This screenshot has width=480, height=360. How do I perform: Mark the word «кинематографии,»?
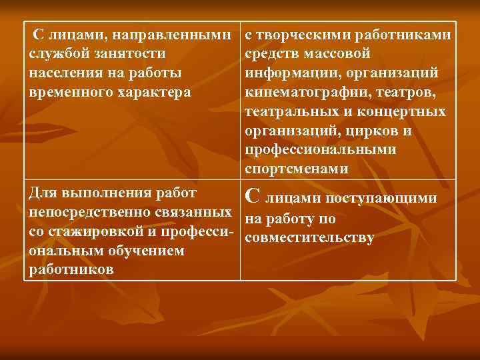[x=303, y=90]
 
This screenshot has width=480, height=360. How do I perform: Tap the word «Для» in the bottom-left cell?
[x=43, y=194]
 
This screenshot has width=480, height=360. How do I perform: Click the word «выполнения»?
[x=104, y=194]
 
